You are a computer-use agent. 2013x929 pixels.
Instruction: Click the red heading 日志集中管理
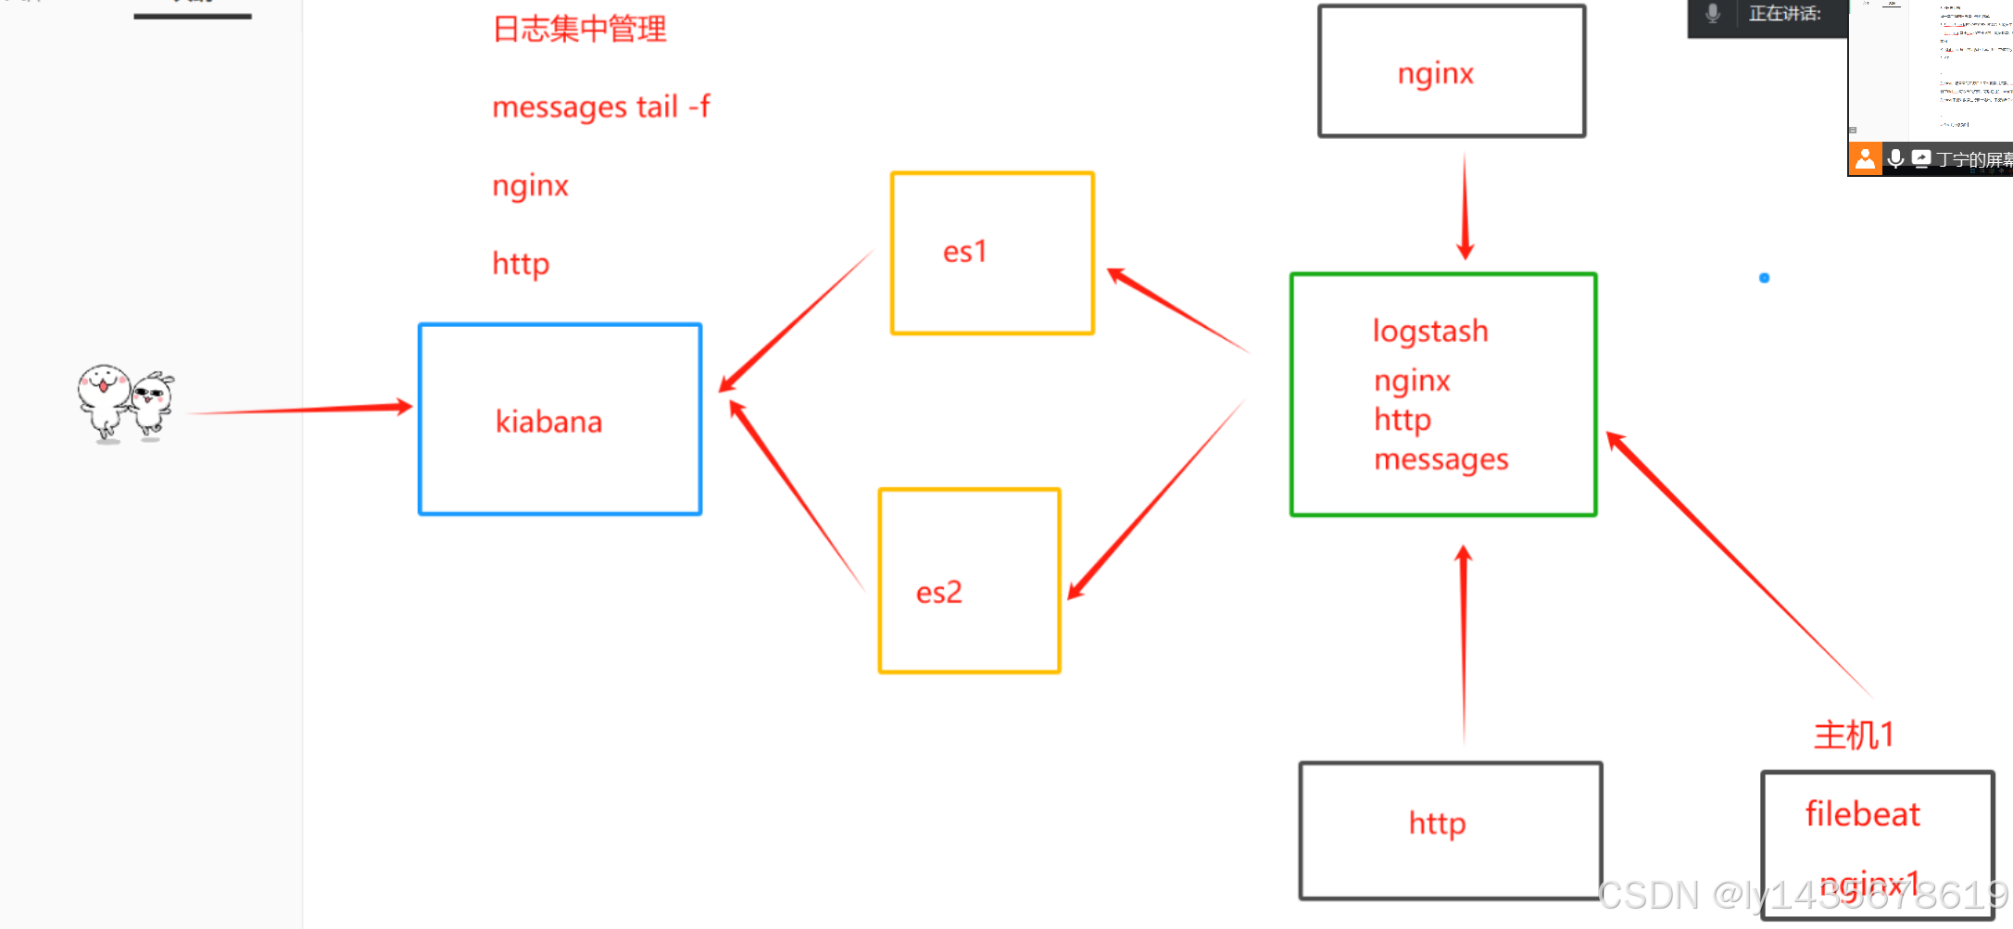pyautogui.click(x=579, y=29)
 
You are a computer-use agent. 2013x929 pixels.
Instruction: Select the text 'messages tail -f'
pyautogui.click(x=600, y=107)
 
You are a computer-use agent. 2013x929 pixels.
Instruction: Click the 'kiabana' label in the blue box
pyautogui.click(x=548, y=422)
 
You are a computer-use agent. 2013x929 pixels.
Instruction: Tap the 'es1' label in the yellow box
pyautogui.click(x=964, y=252)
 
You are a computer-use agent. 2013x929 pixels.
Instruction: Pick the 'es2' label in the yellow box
pyautogui.click(x=938, y=593)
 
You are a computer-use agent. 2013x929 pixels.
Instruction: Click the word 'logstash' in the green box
pyautogui.click(x=1429, y=332)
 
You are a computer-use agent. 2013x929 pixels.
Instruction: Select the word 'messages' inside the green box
pyautogui.click(x=1441, y=459)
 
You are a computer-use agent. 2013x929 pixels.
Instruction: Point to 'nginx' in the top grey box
pyautogui.click(x=1435, y=74)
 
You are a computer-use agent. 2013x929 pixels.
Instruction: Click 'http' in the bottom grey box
pyautogui.click(x=1437, y=823)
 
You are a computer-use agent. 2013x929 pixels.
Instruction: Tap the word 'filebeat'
pyautogui.click(x=1862, y=814)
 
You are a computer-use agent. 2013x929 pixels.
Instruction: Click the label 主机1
pyautogui.click(x=1853, y=735)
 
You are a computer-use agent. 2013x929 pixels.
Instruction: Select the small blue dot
pyautogui.click(x=1764, y=278)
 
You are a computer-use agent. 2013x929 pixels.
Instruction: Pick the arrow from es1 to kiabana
pyautogui.click(x=797, y=320)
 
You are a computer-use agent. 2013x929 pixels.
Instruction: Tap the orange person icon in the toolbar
pyautogui.click(x=1865, y=159)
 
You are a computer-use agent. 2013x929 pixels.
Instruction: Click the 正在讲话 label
pyautogui.click(x=1784, y=14)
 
